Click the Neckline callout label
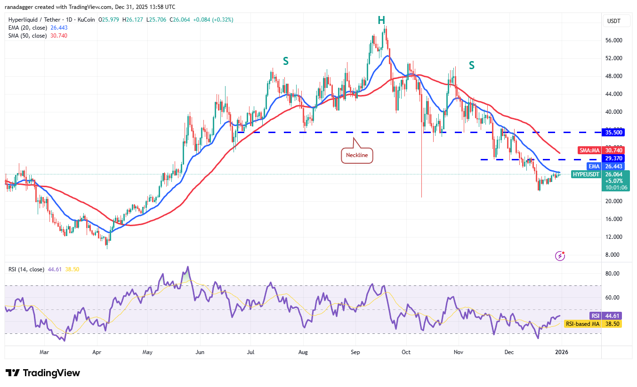click(x=356, y=155)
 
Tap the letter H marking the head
click(x=381, y=20)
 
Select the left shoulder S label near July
click(x=285, y=61)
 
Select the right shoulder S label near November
click(x=471, y=65)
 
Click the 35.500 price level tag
click(x=614, y=133)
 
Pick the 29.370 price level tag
click(x=614, y=158)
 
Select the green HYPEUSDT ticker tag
click(x=586, y=174)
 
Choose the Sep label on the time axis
click(x=355, y=352)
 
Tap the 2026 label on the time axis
click(x=560, y=352)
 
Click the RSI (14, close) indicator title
click(x=26, y=269)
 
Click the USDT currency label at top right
click(x=614, y=21)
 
